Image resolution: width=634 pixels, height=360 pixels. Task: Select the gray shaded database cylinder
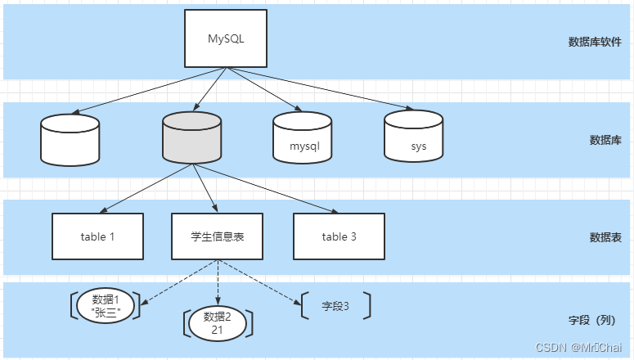192,138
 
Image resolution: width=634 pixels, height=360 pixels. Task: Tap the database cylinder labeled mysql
303,138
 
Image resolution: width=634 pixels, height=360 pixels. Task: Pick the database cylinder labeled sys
414,138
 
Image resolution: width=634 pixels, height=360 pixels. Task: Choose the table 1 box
97,236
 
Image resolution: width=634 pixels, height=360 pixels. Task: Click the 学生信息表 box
218,236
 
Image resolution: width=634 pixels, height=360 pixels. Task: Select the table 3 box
339,236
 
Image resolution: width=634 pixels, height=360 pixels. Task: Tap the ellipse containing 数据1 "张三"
106,304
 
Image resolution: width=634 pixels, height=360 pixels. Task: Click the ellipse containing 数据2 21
218,322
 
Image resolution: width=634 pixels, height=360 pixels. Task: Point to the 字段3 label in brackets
335,306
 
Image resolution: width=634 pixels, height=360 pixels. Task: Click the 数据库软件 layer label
595,42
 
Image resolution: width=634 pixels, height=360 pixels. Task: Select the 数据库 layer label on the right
605,140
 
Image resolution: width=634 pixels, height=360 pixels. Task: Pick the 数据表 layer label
605,237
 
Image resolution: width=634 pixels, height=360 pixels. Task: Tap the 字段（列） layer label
596,320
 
